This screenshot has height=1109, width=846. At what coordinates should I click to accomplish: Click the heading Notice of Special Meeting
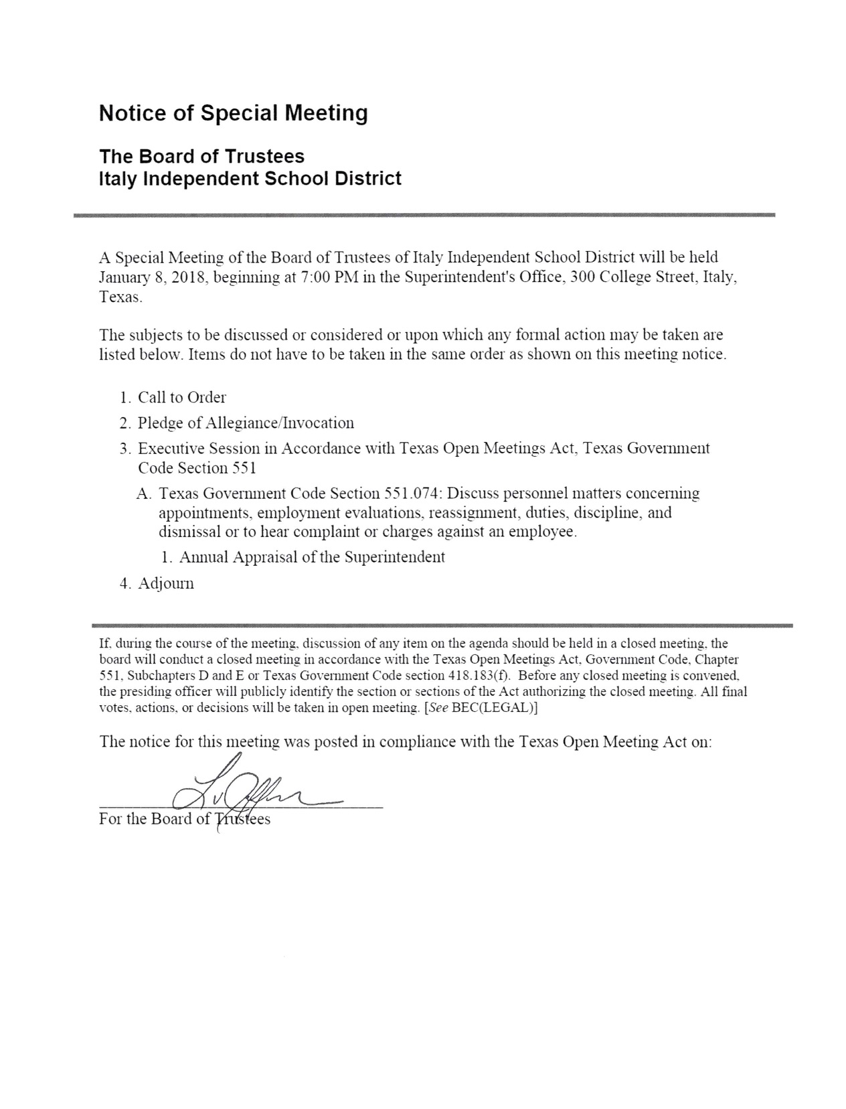point(233,113)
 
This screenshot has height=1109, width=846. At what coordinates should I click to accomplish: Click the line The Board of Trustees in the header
point(201,157)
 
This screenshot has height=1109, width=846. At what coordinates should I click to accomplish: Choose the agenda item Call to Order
point(182,398)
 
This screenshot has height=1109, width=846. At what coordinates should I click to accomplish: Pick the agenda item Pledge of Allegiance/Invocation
point(246,423)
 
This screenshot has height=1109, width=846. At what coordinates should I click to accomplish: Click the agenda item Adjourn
point(166,583)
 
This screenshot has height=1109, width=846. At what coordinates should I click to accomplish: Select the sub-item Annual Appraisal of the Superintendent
point(312,557)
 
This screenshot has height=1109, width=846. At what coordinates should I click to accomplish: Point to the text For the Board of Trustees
point(185,819)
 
